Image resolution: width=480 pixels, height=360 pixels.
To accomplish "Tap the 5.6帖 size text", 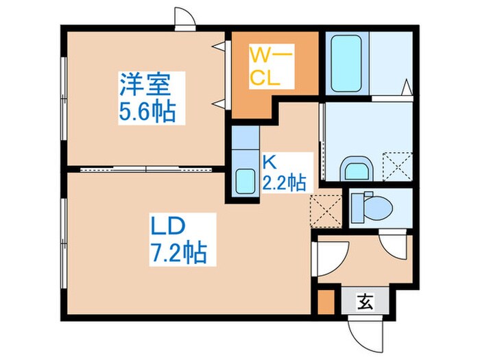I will [x=147, y=111].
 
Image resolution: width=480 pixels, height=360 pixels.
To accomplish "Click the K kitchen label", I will [x=269, y=163].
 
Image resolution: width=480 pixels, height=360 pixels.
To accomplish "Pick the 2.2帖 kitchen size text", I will [x=283, y=182].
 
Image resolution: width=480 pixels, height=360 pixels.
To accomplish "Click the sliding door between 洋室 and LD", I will [x=145, y=168].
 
